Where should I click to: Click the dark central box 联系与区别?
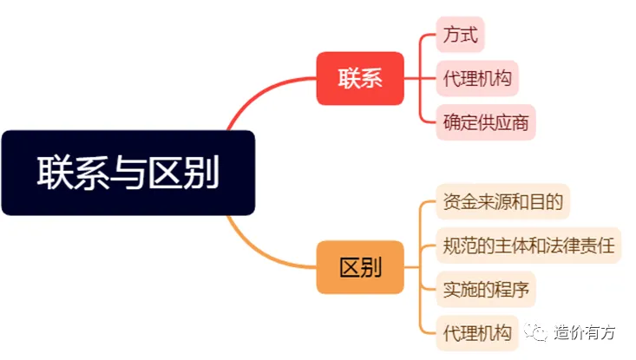(x=128, y=173)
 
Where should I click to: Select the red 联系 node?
(x=359, y=79)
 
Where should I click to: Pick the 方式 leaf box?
(x=460, y=36)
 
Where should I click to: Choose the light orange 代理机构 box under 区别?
(x=476, y=331)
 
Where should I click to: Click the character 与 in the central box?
(x=128, y=173)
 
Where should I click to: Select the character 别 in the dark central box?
(x=202, y=173)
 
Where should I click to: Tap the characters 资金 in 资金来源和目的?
(x=454, y=202)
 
